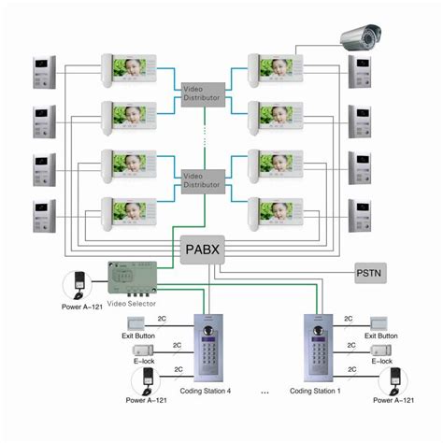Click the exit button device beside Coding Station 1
coord(383,321)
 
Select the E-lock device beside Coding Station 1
coord(383,350)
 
